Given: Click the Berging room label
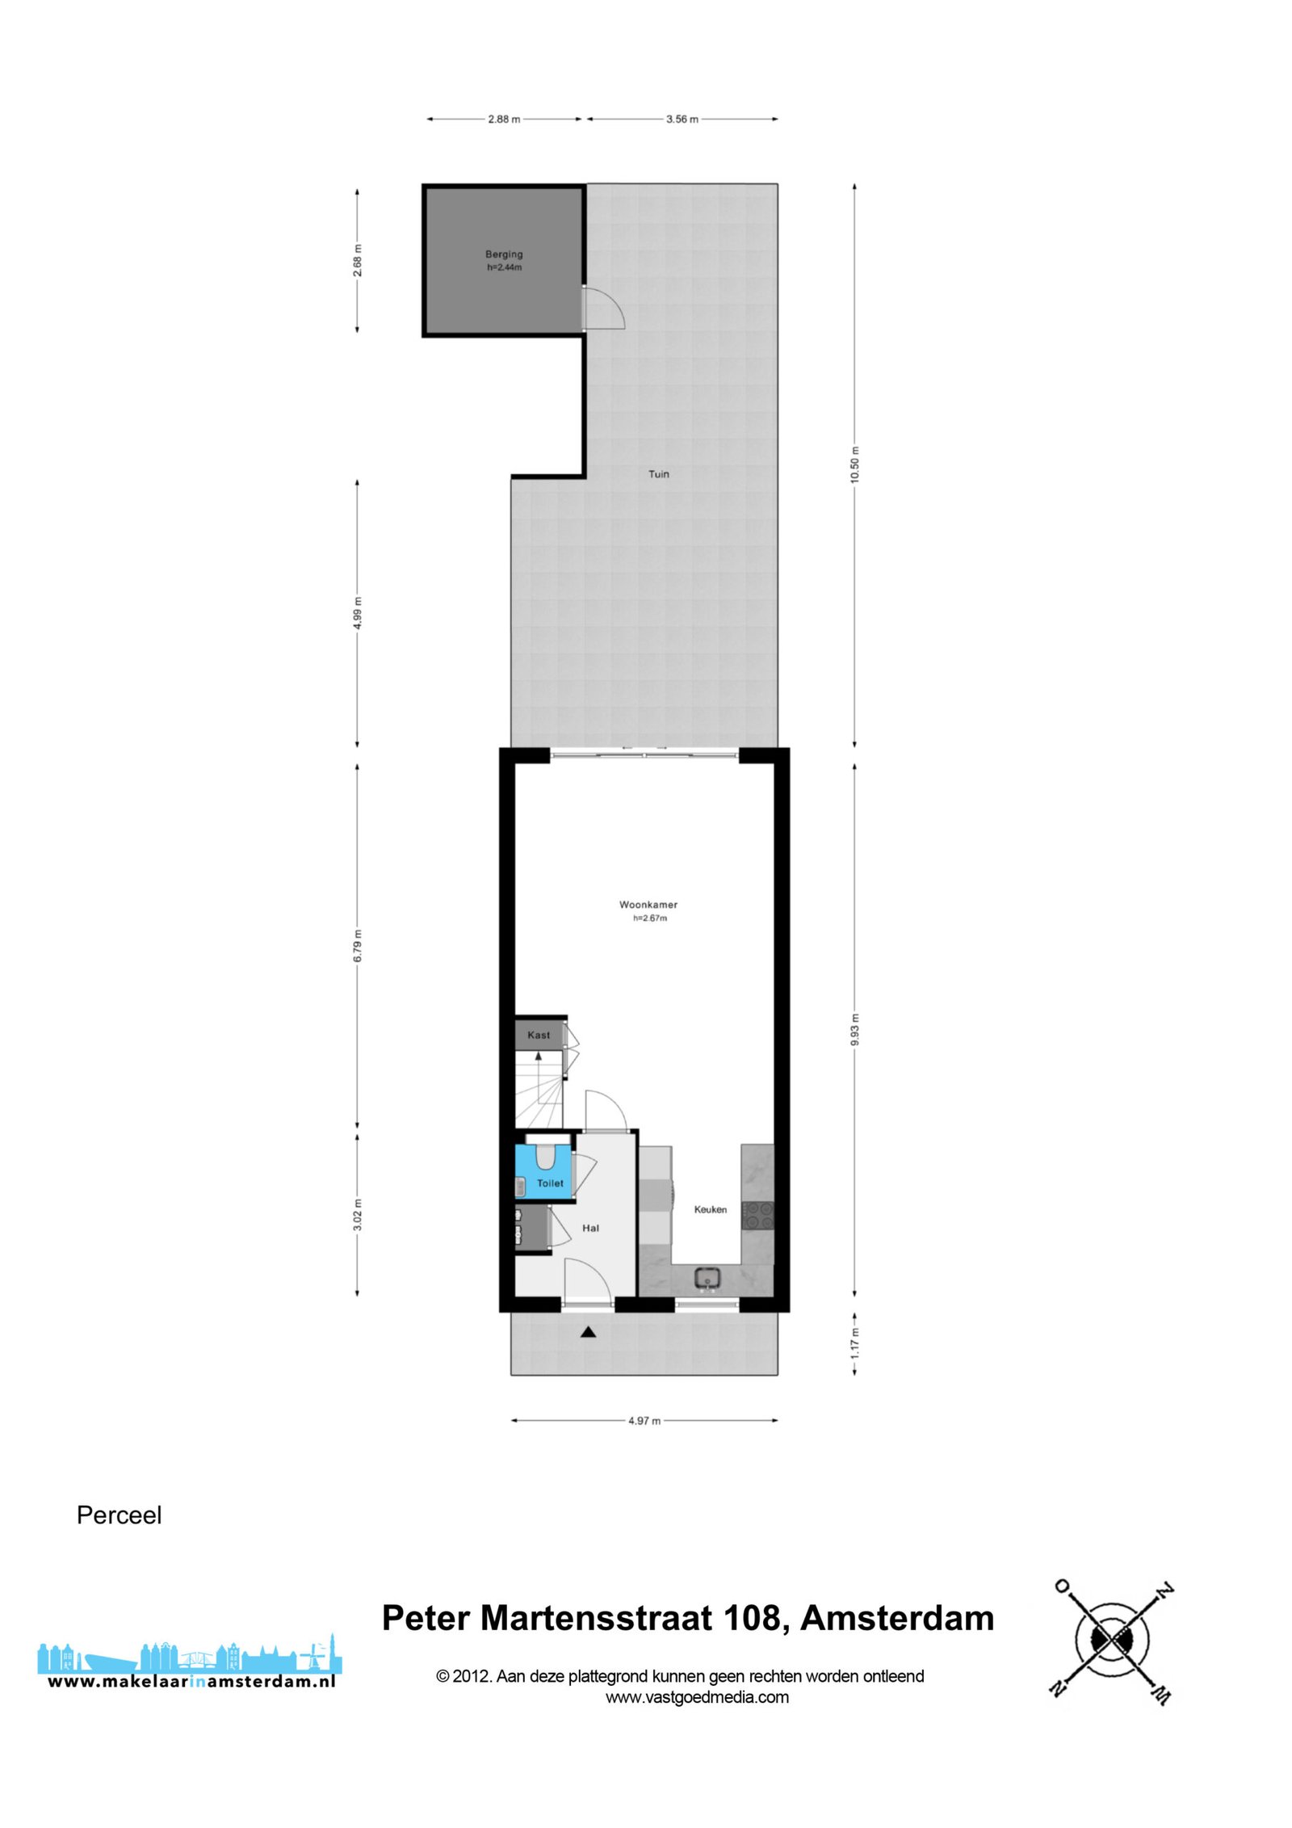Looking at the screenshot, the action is pos(504,254).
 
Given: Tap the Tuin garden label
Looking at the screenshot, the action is pos(659,474).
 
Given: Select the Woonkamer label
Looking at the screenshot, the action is pos(648,905).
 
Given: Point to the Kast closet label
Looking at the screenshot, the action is pos(539,1035).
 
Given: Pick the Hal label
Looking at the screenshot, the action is pos(591,1228).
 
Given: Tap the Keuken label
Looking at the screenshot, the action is pos(711,1209).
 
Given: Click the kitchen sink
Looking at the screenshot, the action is pos(708,1279).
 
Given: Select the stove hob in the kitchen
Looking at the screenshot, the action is pos(757,1216).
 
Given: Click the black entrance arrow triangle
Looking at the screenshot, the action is pos(588,1332).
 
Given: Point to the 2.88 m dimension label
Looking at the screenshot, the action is pos(504,119).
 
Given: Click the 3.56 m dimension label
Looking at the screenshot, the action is pos(682,119).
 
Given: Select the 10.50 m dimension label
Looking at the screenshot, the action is pos(854,464).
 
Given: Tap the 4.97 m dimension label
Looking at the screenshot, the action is pos(644,1421).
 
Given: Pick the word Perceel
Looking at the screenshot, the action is pos(119,1515).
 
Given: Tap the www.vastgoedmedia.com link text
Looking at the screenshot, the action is pos(697,1697).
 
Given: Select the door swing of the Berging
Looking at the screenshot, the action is pos(604,307).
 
